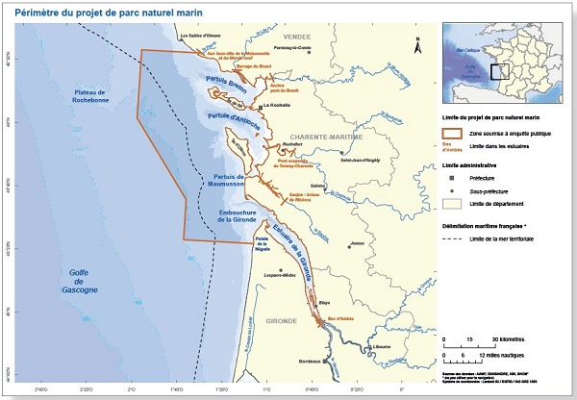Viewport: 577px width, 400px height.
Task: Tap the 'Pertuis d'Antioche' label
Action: [229, 120]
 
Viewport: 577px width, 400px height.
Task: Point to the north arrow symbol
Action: [417, 44]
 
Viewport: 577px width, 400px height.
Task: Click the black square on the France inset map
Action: [497, 70]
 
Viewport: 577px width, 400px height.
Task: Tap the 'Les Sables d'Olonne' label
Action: [201, 37]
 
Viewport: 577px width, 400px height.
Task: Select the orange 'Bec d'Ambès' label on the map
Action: [341, 316]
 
